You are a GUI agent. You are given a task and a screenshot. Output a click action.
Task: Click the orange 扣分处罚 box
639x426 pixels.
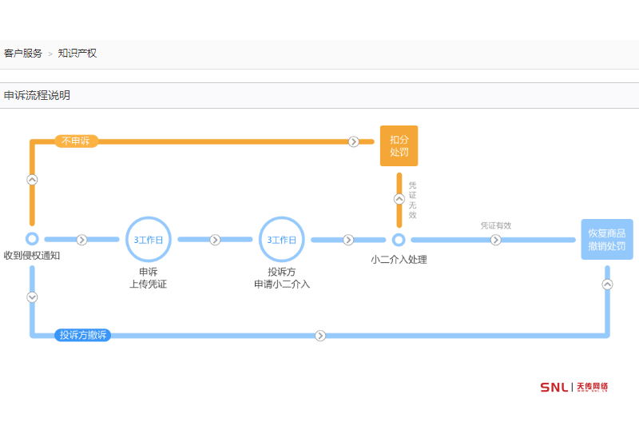[x=399, y=145]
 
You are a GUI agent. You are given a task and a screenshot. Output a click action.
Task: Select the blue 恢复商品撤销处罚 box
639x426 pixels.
[x=607, y=239]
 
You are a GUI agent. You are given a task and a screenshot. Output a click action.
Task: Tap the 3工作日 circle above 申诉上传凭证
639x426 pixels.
[x=148, y=240]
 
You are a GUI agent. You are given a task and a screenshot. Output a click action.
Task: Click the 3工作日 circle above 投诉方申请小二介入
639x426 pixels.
[x=281, y=240]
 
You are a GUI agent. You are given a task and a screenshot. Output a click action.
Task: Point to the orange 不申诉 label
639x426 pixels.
[x=76, y=141]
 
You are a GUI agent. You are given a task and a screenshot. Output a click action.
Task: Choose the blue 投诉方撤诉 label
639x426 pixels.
[x=82, y=335]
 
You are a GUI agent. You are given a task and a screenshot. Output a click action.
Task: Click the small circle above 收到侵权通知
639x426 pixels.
[x=32, y=238]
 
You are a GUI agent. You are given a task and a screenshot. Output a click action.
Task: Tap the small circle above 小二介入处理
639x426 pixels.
[x=399, y=240]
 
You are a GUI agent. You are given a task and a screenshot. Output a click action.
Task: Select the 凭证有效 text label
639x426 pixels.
[x=495, y=225]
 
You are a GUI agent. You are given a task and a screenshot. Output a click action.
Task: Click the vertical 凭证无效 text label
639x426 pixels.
[x=412, y=200]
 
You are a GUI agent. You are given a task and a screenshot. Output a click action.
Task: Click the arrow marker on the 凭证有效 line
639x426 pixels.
[x=495, y=240]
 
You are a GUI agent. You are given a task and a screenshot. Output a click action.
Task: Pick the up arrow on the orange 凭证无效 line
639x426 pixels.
[x=399, y=199]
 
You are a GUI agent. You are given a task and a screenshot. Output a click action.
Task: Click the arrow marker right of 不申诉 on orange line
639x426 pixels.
[x=353, y=141]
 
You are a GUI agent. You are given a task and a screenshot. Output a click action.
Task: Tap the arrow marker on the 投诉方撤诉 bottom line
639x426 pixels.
[x=320, y=336]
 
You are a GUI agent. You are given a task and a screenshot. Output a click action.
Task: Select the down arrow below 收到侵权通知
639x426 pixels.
[x=32, y=297]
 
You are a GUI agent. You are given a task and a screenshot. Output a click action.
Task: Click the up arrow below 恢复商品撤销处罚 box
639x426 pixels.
[x=607, y=284]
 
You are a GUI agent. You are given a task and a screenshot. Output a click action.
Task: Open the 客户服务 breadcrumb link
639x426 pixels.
[x=23, y=54]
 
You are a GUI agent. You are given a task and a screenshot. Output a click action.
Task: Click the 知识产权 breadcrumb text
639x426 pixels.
[x=77, y=54]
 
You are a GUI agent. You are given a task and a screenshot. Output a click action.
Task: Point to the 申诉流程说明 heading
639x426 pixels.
[x=37, y=95]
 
